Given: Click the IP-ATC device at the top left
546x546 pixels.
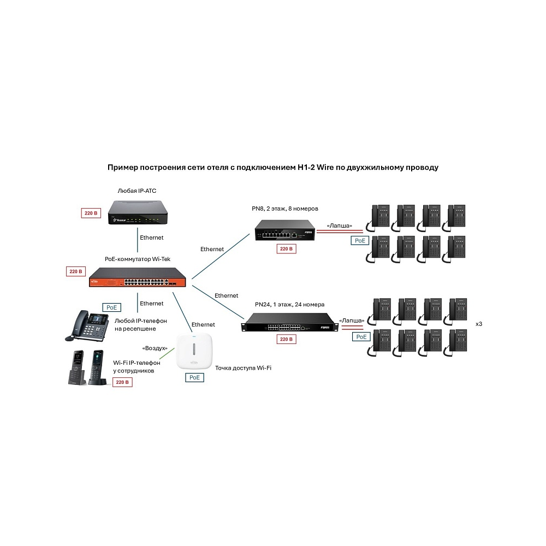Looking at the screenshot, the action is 138,212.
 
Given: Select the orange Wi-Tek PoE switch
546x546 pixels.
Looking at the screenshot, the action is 138,277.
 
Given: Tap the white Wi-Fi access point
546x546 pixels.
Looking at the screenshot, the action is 194,351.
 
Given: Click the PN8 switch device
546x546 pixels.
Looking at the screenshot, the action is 285,230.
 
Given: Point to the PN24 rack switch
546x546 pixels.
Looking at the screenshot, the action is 290,323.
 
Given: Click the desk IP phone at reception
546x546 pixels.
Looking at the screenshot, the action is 87,325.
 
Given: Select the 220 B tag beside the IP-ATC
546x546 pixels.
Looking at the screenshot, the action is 91,213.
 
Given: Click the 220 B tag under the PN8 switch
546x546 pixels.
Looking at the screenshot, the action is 286,248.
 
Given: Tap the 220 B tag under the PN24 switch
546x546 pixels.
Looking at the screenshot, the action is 286,339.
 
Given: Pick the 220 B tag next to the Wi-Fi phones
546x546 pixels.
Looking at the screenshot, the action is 122,382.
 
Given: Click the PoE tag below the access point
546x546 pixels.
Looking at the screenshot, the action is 194,377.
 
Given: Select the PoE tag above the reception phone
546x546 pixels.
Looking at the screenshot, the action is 111,307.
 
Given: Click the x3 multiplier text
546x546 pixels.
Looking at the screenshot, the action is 479,324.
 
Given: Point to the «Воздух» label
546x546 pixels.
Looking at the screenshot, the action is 155,348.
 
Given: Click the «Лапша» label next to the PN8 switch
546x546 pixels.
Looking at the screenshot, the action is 339,225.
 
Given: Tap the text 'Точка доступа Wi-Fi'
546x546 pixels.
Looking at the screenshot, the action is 243,367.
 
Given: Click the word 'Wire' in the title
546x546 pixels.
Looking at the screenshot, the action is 325,168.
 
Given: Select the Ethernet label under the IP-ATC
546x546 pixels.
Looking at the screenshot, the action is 151,238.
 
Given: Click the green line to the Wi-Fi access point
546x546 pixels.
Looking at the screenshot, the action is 167,353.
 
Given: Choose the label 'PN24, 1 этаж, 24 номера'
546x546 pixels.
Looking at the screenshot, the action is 290,304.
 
